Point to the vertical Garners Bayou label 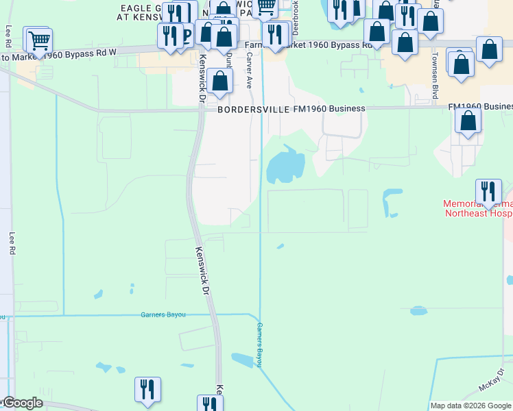click(260, 345)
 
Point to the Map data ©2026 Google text click(471, 406)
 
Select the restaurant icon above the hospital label click(488, 191)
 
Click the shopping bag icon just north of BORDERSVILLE click(220, 80)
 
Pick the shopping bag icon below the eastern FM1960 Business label click(468, 121)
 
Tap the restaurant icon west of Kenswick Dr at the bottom click(147, 388)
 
